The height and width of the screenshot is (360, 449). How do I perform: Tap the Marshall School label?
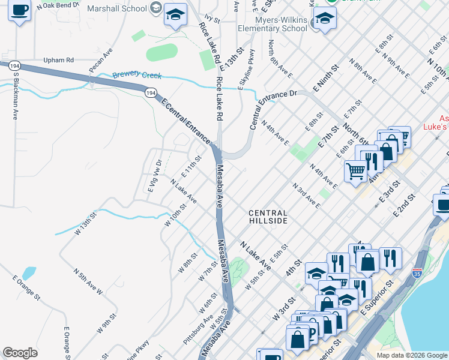[116, 8]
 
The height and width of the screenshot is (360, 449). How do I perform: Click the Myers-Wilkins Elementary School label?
[272, 24]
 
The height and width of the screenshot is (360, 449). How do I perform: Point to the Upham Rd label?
[58, 60]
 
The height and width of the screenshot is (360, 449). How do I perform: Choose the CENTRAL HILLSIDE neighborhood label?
[268, 217]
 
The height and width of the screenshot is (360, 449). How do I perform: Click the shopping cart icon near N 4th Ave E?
[355, 171]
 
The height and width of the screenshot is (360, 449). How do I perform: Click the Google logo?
[20, 353]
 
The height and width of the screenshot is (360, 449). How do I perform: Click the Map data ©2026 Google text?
[411, 355]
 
